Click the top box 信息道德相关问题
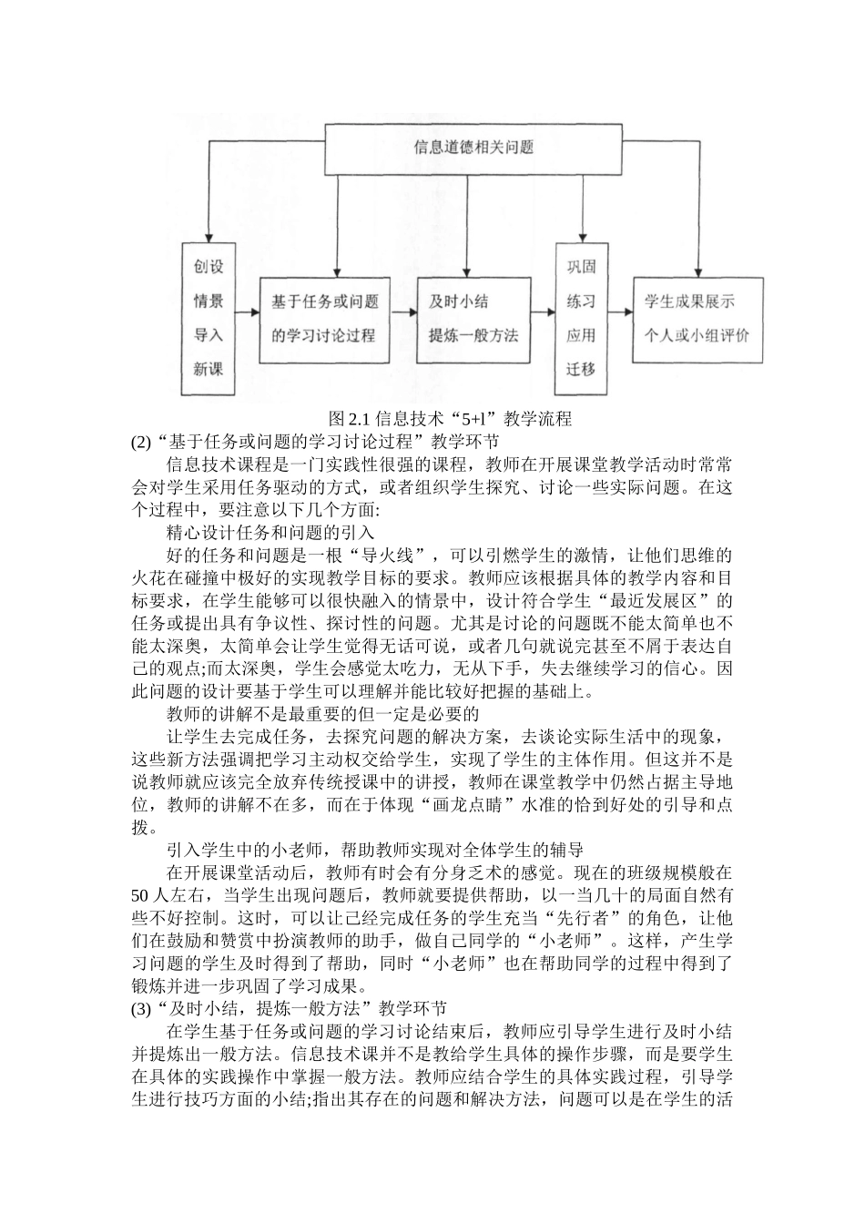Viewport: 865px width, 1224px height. [x=473, y=147]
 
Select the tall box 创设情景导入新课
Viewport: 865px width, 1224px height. [x=208, y=319]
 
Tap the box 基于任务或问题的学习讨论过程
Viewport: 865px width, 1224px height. [x=324, y=319]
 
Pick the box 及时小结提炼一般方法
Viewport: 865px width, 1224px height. [x=467, y=319]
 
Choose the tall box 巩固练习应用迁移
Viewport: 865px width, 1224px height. [x=580, y=319]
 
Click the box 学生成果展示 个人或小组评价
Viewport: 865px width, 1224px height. [x=698, y=319]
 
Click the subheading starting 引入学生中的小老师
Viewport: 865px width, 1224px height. [x=374, y=849]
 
